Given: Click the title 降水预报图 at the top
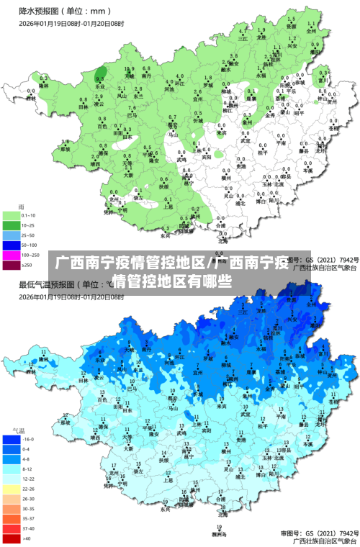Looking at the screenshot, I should click(40, 12).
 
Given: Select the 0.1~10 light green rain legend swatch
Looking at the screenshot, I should click(12, 215).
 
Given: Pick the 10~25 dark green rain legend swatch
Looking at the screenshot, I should click(12, 225).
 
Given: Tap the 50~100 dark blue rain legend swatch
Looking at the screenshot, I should click(12, 245).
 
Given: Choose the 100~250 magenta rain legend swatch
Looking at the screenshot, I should click(12, 256).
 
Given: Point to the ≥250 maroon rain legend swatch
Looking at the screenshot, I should click(12, 266).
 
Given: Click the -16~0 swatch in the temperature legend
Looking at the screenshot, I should click(12, 438).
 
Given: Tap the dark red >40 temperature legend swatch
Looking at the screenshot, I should click(12, 538).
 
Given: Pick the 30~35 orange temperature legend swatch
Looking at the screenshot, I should click(12, 508).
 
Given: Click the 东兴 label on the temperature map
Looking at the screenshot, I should click(166, 509).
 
